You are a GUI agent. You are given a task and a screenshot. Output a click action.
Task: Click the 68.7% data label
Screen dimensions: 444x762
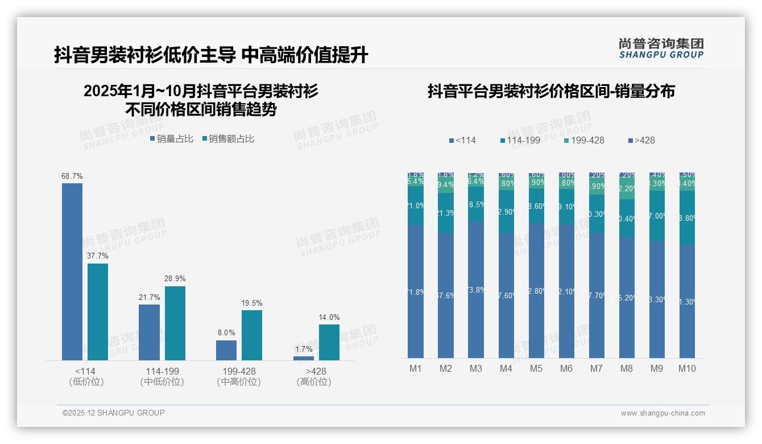coord(72,176)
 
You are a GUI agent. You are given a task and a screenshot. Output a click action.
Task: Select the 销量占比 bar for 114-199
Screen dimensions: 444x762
coord(149,332)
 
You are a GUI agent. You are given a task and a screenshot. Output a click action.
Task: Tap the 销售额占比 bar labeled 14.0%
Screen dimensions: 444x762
coord(329,343)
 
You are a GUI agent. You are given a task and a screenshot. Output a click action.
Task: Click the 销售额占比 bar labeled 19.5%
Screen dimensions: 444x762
coord(252,335)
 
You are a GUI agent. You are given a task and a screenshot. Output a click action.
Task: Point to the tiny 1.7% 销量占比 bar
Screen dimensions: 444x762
coord(304,358)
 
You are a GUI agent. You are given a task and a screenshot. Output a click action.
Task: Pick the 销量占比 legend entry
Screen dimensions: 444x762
coord(171,139)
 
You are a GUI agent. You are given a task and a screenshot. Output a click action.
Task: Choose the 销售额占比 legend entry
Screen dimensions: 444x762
coord(228,139)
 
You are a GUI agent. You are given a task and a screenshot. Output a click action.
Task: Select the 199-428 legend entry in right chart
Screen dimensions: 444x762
coord(584,140)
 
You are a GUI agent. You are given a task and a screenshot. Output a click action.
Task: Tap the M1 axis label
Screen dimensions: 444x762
coord(416,369)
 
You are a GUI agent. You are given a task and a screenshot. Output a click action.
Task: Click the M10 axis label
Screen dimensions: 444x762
coord(687,369)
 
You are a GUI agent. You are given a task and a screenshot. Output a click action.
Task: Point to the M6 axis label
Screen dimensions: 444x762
coord(566,369)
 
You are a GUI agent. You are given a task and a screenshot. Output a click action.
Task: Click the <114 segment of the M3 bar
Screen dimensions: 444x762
coord(476,290)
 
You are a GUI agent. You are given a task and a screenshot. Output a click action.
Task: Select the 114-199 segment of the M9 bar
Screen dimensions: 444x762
coord(657,216)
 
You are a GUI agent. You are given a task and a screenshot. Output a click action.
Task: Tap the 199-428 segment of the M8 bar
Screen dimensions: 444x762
coord(627,188)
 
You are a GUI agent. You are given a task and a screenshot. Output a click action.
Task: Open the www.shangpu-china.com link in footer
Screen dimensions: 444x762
coord(662,413)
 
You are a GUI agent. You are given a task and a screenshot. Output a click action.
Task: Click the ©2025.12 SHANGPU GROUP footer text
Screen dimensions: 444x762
coord(114,413)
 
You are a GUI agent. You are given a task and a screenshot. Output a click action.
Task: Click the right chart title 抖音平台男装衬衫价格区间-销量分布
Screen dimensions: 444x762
coord(551,91)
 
